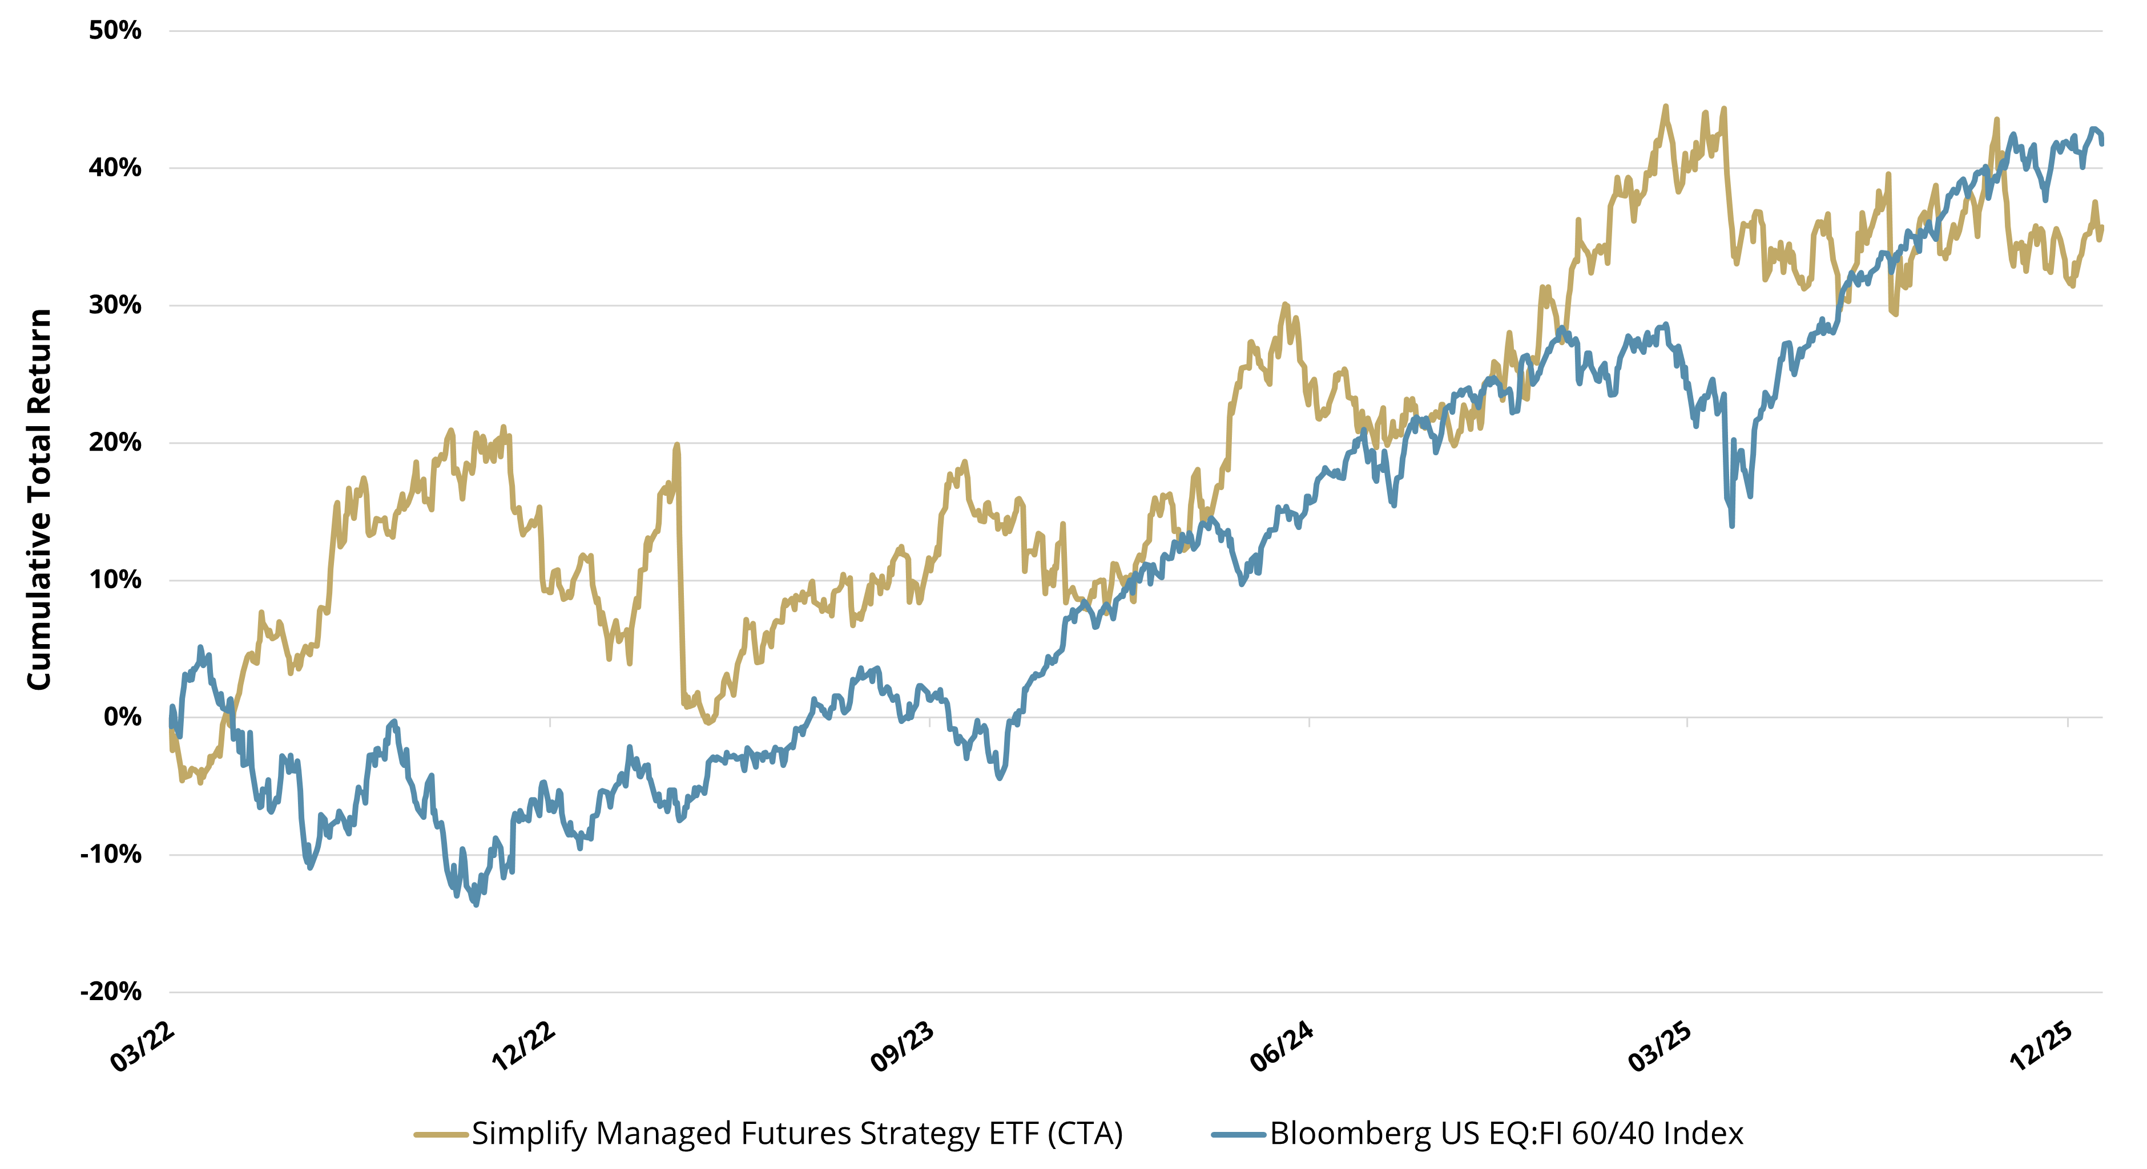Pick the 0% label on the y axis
[123, 717]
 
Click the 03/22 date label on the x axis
[143, 1047]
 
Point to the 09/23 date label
[902, 1047]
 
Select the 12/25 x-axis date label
[2041, 1047]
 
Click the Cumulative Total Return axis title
[39, 500]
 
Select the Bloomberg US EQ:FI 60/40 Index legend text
[1506, 1134]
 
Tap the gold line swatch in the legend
[440, 1135]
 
